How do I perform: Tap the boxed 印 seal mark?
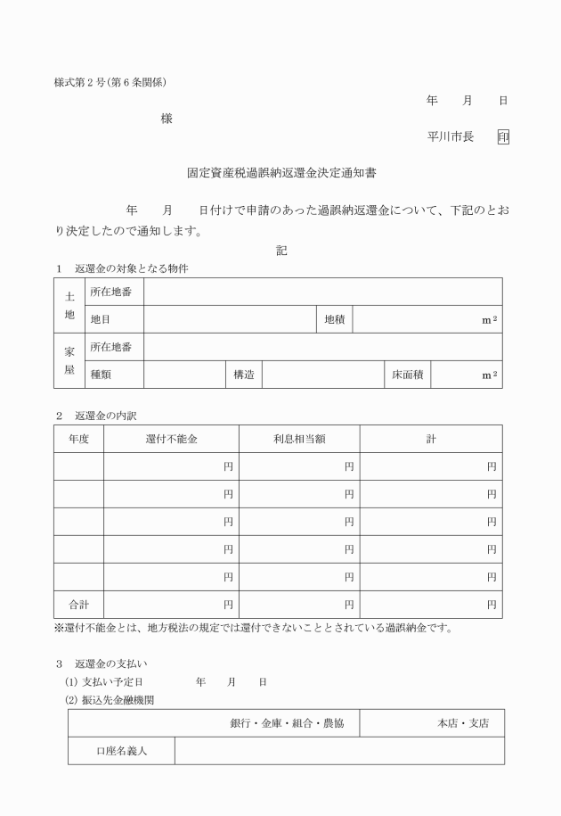pos(503,137)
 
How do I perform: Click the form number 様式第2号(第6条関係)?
pos(110,84)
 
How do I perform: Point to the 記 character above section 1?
pos(281,251)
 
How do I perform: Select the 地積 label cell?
pos(335,319)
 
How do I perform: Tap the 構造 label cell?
pos(243,375)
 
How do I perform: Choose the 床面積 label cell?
pos(407,375)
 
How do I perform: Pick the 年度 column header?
pos(79,439)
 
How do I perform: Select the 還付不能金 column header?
pos(171,439)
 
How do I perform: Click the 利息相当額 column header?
pos(299,439)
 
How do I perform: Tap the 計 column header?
pos(431,439)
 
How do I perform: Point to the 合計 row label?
pos(79,605)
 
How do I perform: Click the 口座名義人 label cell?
pos(121,751)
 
